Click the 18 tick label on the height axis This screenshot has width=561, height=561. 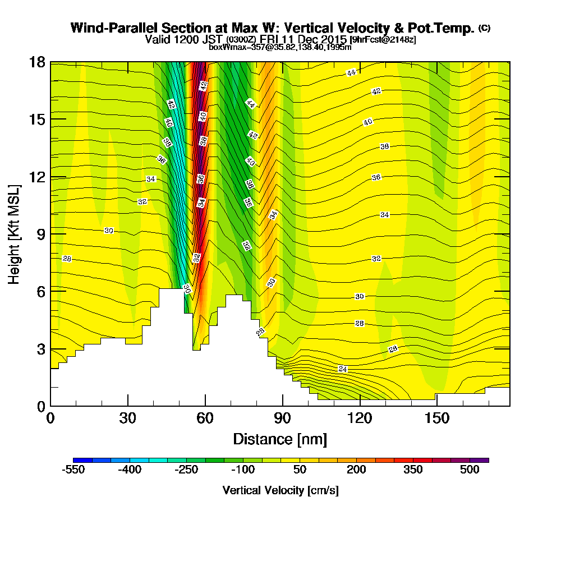(38, 62)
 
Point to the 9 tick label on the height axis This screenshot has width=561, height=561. (42, 234)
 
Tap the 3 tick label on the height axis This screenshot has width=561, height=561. (42, 349)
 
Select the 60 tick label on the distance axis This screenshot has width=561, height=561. (205, 418)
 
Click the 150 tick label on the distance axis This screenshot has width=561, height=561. (437, 418)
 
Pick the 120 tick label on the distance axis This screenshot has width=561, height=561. (360, 418)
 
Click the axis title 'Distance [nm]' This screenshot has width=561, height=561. (280, 439)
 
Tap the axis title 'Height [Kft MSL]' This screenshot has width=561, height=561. (15, 234)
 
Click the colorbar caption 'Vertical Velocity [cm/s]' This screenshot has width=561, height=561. (280, 490)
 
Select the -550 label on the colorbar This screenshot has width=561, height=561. (73, 470)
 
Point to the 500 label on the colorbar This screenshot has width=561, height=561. (470, 470)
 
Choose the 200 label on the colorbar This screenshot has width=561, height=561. (356, 470)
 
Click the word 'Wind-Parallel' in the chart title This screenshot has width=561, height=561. (114, 28)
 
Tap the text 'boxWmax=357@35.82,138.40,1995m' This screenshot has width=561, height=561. (280, 47)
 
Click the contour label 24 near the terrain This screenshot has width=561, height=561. (342, 369)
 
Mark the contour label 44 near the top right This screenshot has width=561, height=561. (351, 72)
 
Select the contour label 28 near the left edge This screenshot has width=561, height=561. (67, 259)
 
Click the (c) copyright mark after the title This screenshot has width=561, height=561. (485, 28)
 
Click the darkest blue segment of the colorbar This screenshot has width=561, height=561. (82, 460)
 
